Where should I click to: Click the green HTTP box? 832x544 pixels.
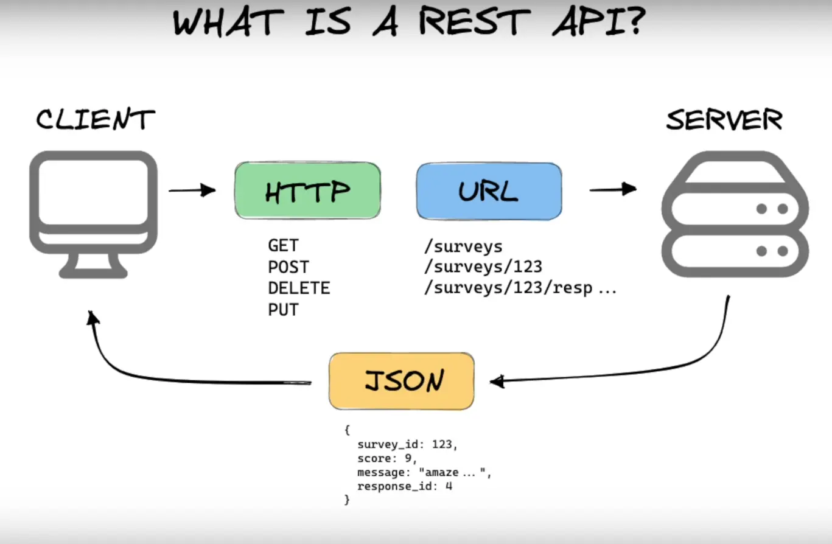307,190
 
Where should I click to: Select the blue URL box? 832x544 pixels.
489,191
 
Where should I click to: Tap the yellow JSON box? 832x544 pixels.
401,381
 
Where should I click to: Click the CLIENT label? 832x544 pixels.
95,119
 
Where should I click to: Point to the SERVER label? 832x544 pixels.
724,120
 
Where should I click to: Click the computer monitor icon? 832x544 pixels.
94,213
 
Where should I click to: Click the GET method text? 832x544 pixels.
283,246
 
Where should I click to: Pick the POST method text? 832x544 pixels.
288,267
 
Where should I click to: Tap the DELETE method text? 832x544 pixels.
299,288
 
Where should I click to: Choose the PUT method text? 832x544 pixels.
283,310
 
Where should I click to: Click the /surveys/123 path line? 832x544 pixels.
483,267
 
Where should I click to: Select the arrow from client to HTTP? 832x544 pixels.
192,190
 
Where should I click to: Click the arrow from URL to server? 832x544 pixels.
612,189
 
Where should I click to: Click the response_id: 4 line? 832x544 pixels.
405,486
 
